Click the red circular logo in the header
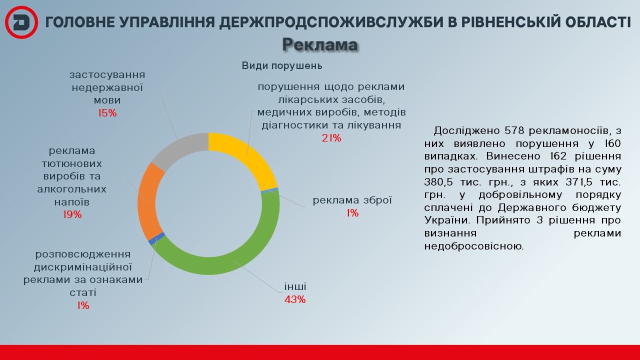point(21,22)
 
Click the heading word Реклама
point(320,44)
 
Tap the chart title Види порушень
point(282,65)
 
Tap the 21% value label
point(331,138)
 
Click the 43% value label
point(295,299)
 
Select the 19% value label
point(72,214)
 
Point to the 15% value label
point(107,113)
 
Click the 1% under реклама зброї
point(352,213)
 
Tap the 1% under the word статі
point(83,305)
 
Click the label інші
point(295,286)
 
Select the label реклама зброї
point(352,200)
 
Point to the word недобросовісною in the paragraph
point(473,246)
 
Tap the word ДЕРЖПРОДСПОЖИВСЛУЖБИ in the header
point(331,22)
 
